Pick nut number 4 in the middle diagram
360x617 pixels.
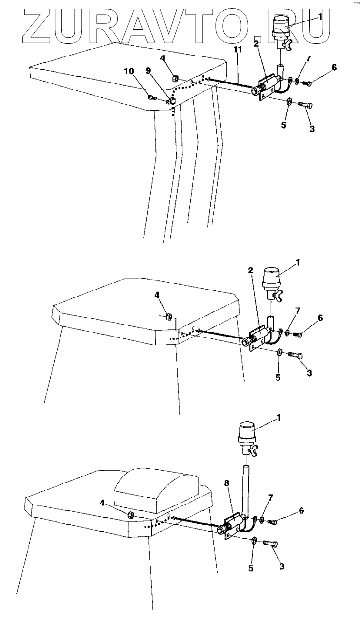point(169,315)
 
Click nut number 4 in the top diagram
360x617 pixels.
point(175,78)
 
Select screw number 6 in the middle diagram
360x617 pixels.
point(298,335)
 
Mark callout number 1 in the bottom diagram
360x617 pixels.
point(279,418)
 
